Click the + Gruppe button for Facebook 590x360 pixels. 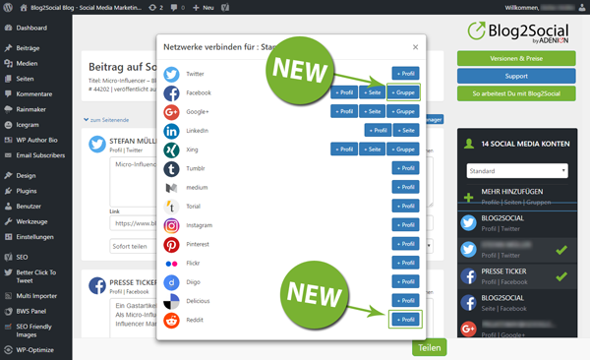coord(404,92)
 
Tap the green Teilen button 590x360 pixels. coord(429,347)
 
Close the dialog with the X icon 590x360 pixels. coord(415,46)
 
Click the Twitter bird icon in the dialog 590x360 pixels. coord(171,74)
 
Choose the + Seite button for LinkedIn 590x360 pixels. coord(406,130)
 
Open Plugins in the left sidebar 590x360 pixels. coord(27,190)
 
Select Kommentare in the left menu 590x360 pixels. coord(33,93)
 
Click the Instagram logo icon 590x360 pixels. coord(171,225)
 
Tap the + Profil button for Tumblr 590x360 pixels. coord(405,168)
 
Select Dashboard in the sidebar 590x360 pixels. coord(30,29)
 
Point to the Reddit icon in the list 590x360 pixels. coord(171,320)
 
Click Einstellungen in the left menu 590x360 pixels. coord(35,237)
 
